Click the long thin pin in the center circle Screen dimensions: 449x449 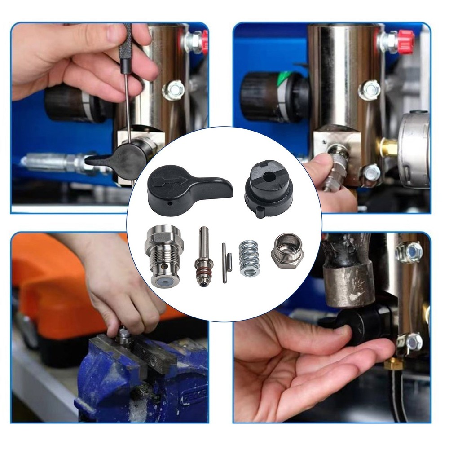pyautogui.click(x=224, y=263)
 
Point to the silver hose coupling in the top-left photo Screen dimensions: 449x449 pyautogui.click(x=54, y=161)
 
